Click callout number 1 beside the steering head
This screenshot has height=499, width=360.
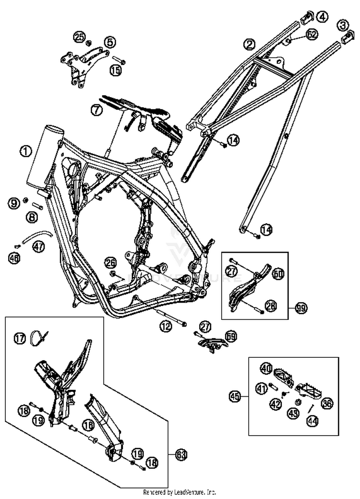click(x=25, y=151)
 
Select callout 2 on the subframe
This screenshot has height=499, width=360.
click(x=249, y=44)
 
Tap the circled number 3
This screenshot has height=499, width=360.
click(x=342, y=24)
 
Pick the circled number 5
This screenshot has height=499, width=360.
click(x=109, y=42)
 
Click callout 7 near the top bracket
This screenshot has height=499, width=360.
click(x=96, y=110)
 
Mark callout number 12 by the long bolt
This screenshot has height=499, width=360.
click(x=166, y=327)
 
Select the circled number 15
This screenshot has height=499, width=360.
click(x=115, y=71)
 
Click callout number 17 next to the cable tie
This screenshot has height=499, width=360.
click(x=19, y=340)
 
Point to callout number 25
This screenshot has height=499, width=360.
click(x=79, y=36)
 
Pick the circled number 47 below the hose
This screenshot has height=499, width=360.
click(x=38, y=247)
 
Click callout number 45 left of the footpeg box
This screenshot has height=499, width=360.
click(x=234, y=397)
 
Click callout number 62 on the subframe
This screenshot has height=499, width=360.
click(x=312, y=35)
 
